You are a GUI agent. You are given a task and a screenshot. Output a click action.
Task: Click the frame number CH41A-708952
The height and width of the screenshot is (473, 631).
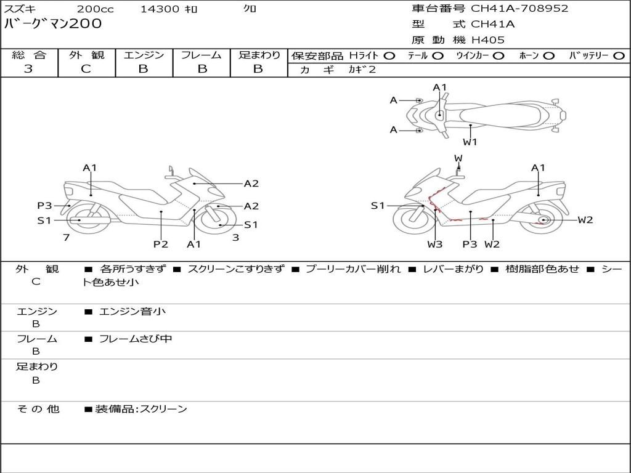point(519,9)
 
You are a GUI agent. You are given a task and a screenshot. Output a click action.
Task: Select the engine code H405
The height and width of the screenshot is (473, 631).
point(488,40)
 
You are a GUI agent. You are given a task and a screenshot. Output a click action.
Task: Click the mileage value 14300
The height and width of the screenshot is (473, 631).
point(160,9)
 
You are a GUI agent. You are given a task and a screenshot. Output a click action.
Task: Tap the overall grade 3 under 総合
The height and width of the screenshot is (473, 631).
point(28,69)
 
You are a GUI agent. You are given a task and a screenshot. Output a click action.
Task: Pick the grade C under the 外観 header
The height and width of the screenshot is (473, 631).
point(86,69)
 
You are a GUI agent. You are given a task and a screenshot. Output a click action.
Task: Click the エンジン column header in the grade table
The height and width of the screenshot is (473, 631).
point(144,55)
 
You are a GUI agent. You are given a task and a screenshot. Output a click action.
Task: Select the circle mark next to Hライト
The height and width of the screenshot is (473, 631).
point(389,56)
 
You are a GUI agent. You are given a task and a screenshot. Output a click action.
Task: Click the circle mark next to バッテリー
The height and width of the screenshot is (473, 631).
point(619,56)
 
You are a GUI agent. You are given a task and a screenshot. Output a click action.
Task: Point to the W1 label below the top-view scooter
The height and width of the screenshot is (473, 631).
point(470,142)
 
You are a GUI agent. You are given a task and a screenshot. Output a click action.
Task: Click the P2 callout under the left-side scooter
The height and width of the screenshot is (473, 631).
point(161,244)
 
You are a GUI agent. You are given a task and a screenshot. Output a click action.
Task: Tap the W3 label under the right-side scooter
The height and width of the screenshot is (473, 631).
point(434,244)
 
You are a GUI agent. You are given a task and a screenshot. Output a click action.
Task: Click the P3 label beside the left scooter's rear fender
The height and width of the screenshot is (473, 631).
point(44,206)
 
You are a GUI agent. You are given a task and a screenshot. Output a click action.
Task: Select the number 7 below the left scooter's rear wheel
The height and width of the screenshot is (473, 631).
point(67,237)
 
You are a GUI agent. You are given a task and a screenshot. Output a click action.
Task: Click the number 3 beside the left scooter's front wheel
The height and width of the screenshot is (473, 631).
point(236,237)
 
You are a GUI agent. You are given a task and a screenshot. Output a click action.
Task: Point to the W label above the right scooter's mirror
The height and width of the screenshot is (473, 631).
point(458,158)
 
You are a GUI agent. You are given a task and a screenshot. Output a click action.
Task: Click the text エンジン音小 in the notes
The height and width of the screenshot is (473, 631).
point(132,311)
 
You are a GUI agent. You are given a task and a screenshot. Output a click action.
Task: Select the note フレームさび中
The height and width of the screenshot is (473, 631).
point(136,339)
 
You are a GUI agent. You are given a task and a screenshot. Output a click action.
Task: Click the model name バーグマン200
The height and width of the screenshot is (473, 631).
point(53,23)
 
